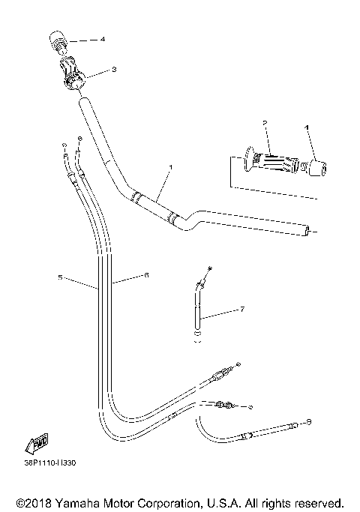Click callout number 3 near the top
[x=113, y=70]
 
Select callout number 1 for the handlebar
[x=171, y=166]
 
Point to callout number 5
[x=60, y=278]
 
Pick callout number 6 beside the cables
[x=146, y=276]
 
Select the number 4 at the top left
[x=103, y=38]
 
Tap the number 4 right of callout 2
[x=307, y=128]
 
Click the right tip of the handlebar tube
[x=308, y=229]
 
